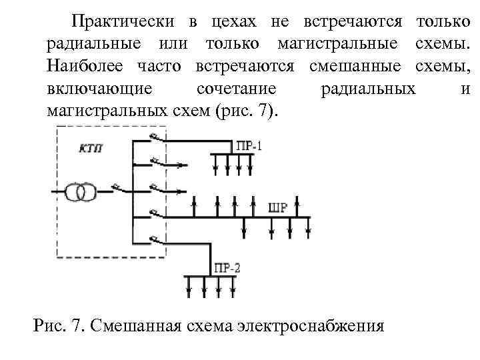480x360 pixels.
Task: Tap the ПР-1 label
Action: click(x=249, y=145)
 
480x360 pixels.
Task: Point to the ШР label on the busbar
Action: click(x=278, y=207)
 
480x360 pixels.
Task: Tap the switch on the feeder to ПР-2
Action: click(x=157, y=240)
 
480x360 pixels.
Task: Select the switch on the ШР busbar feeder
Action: click(x=157, y=214)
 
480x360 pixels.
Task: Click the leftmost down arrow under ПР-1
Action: click(x=215, y=164)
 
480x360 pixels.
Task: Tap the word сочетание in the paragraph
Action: click(x=237, y=89)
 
